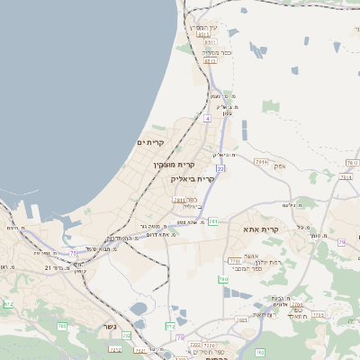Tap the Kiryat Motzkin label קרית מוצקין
(x=174, y=165)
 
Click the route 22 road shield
(x=220, y=167)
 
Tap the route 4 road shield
(x=207, y=118)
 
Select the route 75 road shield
(x=73, y=254)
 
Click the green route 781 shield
(x=213, y=220)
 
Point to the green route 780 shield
(x=223, y=280)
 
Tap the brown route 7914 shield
(x=261, y=161)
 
